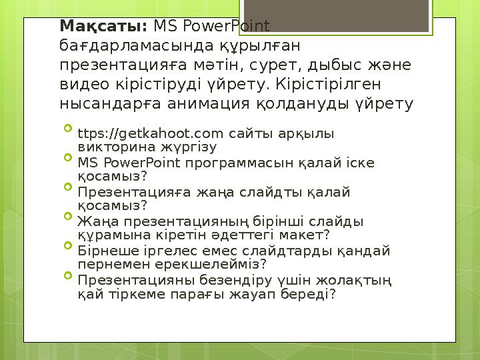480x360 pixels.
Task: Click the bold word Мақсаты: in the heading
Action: tap(103, 27)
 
